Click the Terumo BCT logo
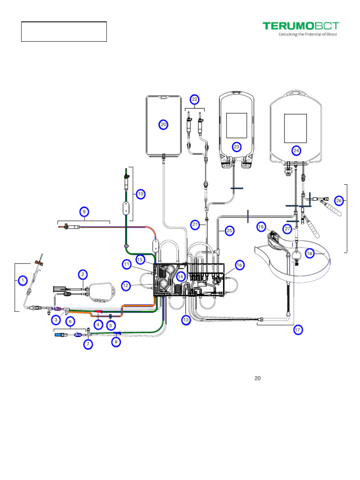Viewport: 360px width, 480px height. click(300, 28)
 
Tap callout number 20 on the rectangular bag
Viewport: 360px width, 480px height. click(163, 124)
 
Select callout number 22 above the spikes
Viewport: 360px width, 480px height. click(195, 99)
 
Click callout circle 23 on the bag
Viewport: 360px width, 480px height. click(237, 147)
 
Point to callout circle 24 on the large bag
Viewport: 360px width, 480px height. click(296, 150)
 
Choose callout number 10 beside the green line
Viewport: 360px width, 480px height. click(140, 194)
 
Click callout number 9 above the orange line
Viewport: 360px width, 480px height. click(84, 211)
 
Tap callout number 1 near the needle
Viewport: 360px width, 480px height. click(22, 281)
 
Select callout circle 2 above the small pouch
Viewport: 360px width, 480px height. click(82, 274)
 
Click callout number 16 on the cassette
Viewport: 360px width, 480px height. click(239, 265)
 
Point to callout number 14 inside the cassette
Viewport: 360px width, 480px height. click(181, 277)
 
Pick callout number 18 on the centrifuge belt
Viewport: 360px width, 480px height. click(309, 253)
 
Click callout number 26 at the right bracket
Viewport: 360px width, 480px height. click(339, 201)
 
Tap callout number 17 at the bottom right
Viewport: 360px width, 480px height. click(298, 330)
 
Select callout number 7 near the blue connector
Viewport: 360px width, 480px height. click(88, 345)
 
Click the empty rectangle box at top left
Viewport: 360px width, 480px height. click(64, 31)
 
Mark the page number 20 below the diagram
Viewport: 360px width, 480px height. click(257, 378)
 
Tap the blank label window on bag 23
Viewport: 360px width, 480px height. click(237, 125)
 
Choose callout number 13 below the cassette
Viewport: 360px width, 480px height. click(186, 320)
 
